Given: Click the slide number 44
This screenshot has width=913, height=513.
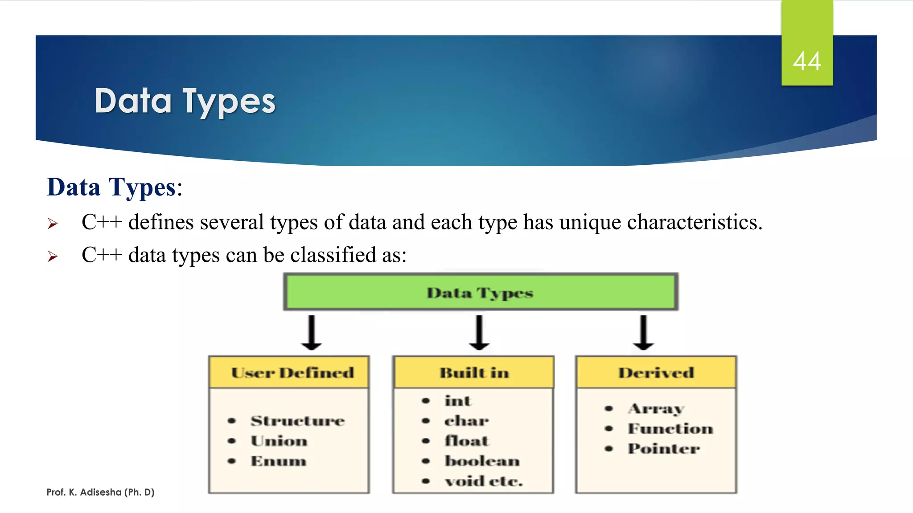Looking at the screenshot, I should (806, 61).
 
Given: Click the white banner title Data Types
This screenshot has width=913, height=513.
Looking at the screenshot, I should (185, 102).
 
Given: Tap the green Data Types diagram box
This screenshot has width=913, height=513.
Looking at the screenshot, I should (481, 293).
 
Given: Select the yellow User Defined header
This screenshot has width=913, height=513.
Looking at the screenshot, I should (292, 372).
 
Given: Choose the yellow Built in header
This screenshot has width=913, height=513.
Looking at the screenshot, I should (473, 372).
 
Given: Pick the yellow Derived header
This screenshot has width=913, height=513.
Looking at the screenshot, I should (656, 372).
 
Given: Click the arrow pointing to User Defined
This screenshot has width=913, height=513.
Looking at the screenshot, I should (312, 333).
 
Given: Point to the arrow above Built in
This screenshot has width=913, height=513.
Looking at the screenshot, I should (479, 333).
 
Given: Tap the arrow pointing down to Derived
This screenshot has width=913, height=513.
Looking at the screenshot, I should (643, 333).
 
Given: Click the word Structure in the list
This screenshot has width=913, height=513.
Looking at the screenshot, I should (297, 421).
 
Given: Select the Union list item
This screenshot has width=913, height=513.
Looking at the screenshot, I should (279, 441).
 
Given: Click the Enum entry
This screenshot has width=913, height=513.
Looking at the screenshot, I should (278, 461).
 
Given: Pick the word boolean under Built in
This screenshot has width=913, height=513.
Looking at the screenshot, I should (482, 461).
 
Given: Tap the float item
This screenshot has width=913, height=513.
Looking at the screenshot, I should (466, 441).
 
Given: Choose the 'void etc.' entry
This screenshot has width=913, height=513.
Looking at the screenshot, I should (483, 481).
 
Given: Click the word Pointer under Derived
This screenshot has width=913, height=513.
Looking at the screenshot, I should (663, 448).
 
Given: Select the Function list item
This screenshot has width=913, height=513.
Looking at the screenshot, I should (670, 428).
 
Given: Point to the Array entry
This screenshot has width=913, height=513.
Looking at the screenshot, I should (656, 408).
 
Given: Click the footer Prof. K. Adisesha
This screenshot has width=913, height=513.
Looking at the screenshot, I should (100, 492).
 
